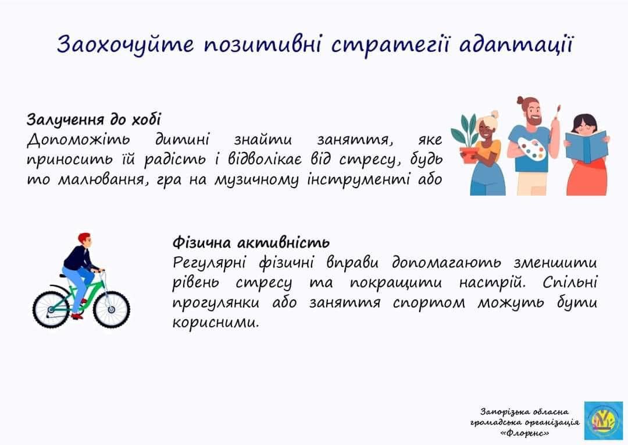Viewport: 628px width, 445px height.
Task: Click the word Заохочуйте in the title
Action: (x=126, y=45)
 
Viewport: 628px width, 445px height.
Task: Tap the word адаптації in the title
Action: (x=517, y=44)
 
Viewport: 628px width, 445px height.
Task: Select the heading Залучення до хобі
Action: (x=94, y=119)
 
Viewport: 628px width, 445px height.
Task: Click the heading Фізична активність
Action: (x=251, y=243)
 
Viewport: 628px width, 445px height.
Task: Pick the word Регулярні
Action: (x=209, y=263)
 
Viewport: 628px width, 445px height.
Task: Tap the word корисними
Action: (x=216, y=323)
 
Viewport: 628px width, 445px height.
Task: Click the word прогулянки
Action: (x=216, y=303)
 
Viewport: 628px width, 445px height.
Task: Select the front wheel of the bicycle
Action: (x=111, y=309)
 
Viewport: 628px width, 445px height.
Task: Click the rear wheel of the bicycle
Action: (x=52, y=310)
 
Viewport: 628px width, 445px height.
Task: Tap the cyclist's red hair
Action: (x=84, y=237)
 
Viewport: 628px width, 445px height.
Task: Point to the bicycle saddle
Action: (x=64, y=276)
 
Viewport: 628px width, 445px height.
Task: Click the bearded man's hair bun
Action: (x=520, y=100)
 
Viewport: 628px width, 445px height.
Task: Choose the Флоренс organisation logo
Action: (x=603, y=421)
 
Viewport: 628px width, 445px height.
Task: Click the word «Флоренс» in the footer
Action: (x=524, y=433)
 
